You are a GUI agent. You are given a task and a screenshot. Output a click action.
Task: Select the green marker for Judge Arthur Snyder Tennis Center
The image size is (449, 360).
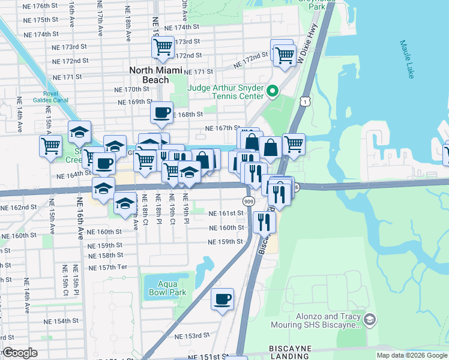pos(273,92)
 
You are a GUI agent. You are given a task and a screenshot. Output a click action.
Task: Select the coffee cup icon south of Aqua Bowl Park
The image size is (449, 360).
pos(223,299)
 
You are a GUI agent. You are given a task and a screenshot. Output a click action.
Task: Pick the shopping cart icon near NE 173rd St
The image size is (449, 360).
pos(163,47)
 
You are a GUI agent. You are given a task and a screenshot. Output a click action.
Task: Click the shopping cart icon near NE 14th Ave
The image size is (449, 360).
pos(51,146)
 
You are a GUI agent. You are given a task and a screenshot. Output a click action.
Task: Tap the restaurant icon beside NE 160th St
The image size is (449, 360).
pos(264,223)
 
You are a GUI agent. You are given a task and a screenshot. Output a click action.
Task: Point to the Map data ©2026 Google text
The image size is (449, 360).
pos(412,355)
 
